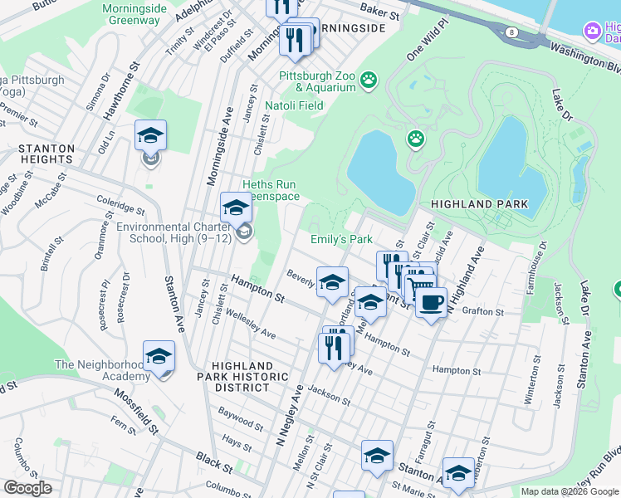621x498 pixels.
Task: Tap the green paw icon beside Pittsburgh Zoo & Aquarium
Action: [x=369, y=81]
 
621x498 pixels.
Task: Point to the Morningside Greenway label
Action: [x=131, y=14]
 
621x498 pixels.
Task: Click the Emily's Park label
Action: [x=341, y=239]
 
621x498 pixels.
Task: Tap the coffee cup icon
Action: [x=430, y=303]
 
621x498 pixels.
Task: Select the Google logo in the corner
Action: [x=27, y=487]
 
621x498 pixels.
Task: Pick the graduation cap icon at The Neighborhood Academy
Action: [x=159, y=357]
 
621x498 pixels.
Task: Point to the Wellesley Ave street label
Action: [x=249, y=326]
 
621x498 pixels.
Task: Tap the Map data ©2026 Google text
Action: [x=570, y=491]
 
